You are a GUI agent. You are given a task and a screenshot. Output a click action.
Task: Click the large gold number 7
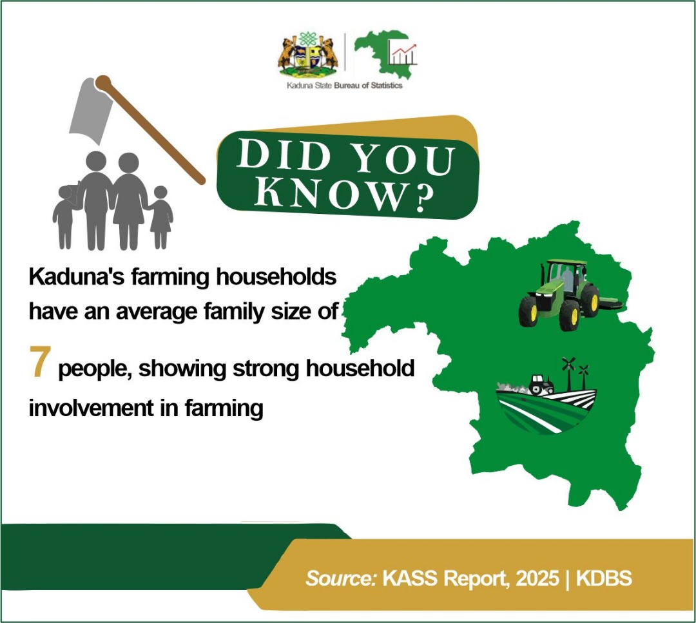point(39,361)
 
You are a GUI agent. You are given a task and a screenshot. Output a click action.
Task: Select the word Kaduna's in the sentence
point(73,279)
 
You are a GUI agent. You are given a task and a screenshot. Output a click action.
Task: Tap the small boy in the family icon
point(64,216)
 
